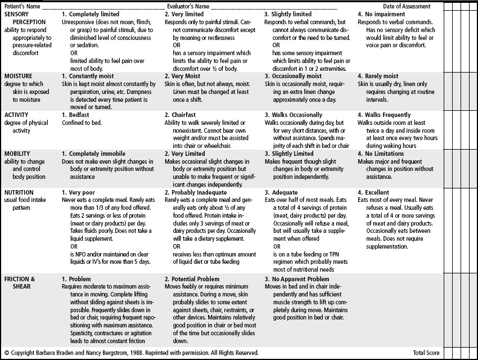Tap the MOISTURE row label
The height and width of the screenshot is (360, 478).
pos(18,76)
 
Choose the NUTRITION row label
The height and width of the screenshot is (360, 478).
pos(20,192)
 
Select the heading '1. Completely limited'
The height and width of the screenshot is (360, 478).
pos(90,14)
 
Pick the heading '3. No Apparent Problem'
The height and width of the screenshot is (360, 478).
pos(297,280)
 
